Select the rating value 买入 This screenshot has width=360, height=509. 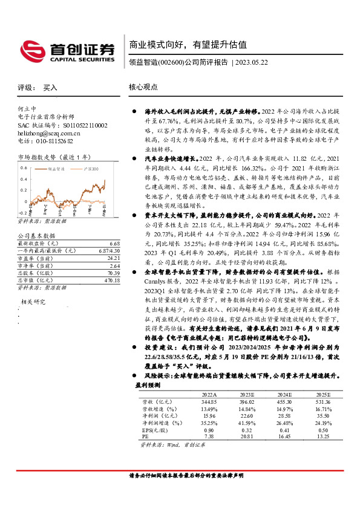tap(50, 87)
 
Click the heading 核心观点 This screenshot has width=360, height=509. tap(143, 87)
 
